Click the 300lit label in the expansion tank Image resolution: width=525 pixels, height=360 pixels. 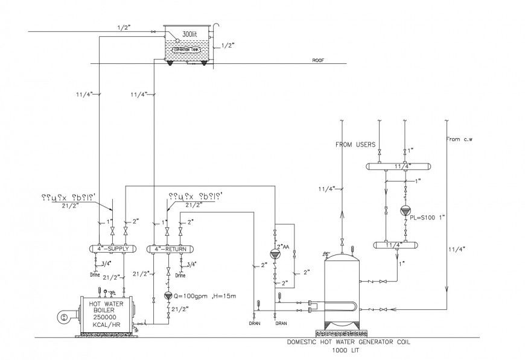[x=189, y=36]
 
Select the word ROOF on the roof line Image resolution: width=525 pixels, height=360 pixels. [x=318, y=61]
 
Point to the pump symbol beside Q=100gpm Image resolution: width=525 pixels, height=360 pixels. [x=168, y=295]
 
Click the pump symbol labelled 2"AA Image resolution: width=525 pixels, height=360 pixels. [x=275, y=253]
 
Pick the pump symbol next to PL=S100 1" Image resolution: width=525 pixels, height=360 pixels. [x=404, y=211]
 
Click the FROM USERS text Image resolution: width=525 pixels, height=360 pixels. [x=356, y=145]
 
